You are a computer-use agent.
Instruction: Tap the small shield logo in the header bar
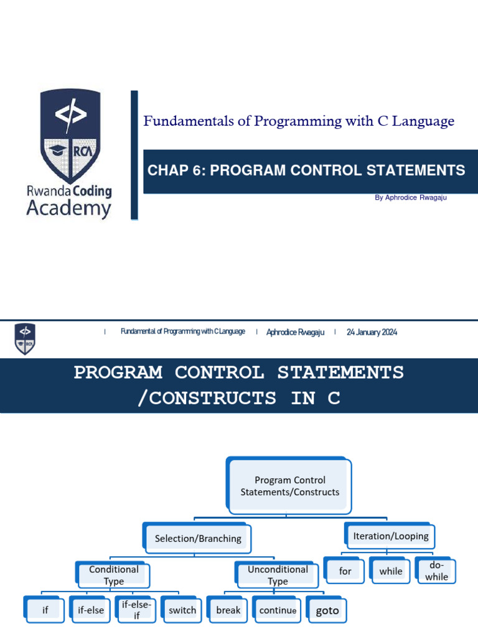25,338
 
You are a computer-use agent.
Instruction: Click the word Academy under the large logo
68,208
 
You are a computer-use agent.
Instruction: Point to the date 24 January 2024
372,332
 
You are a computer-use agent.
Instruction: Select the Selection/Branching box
198,539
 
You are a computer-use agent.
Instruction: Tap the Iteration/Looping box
390,536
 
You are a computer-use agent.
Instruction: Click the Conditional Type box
114,575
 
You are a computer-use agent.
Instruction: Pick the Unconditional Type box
278,575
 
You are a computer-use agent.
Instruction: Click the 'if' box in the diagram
45,610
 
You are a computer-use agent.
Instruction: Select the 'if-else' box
91,610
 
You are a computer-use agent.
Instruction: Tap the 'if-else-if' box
137,610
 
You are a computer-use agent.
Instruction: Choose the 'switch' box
182,610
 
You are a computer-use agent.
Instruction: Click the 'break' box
228,610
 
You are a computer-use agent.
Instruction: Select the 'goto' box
327,610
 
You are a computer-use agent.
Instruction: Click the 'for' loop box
345,571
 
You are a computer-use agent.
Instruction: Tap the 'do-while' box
436,571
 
